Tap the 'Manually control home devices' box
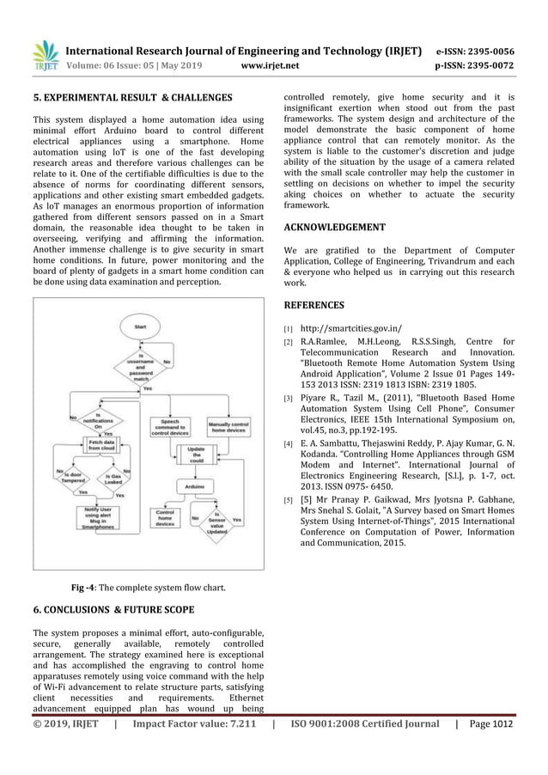coord(229,428)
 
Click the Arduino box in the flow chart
coord(196,486)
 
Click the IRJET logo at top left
coord(45,55)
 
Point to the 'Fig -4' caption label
coord(83,588)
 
